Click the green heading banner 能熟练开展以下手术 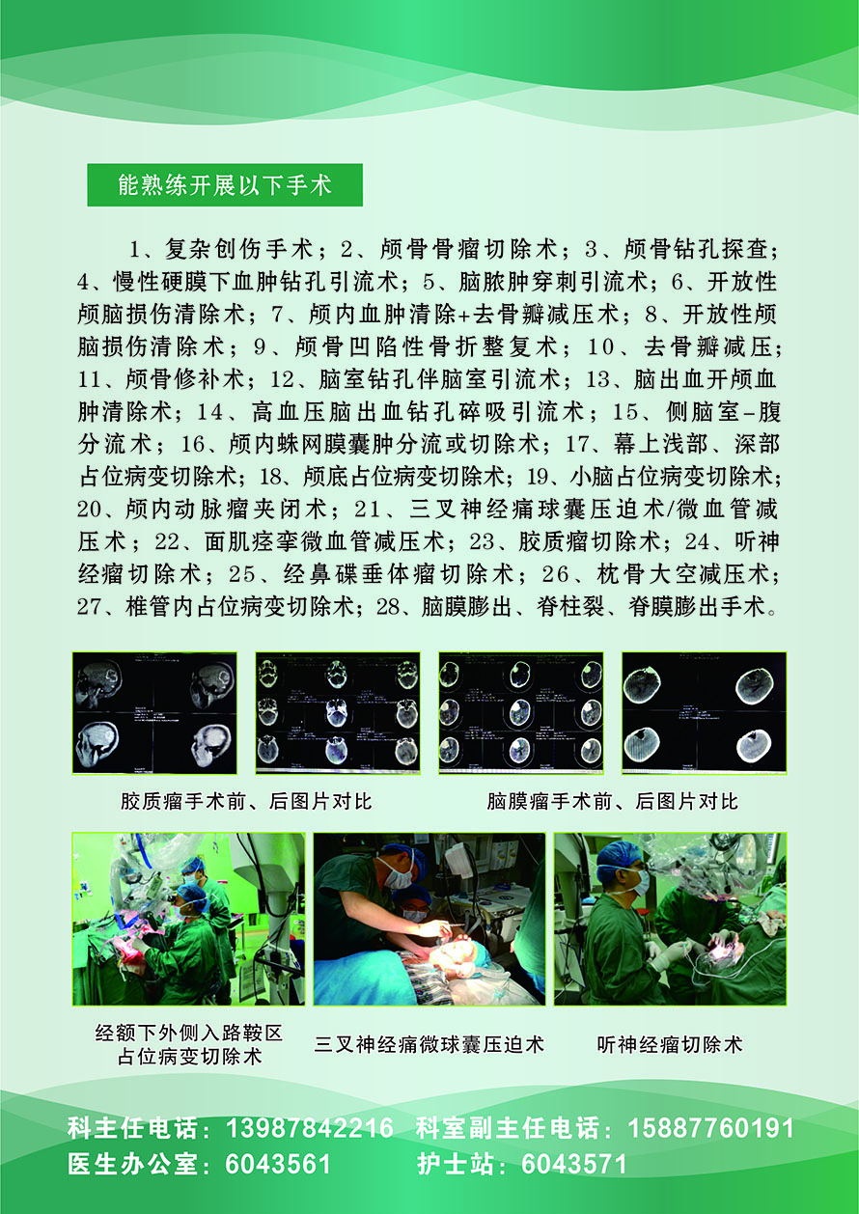pos(225,185)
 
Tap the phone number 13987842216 pos(310,1128)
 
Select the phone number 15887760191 pos(711,1128)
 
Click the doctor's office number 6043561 pos(277,1164)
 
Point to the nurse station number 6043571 pos(574,1164)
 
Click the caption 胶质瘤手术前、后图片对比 pos(246,801)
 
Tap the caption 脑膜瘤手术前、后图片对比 pos(613,801)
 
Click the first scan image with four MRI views pos(154,713)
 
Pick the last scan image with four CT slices pos(704,713)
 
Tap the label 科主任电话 pos(133,1128)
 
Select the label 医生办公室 pos(133,1164)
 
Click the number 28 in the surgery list pos(387,607)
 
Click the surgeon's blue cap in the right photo pos(615,856)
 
